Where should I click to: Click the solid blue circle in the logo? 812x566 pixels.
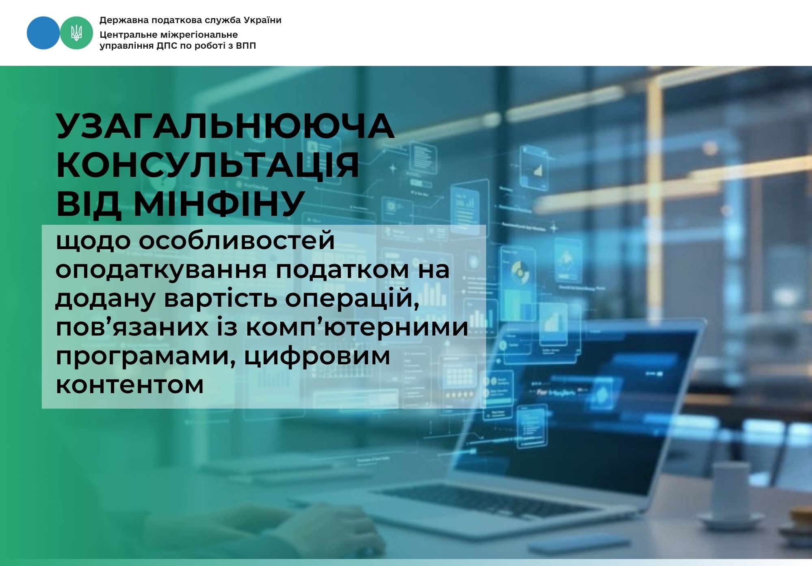click(43, 33)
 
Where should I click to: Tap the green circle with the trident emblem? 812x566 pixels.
click(76, 33)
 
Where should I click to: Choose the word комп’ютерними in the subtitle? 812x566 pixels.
click(357, 327)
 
